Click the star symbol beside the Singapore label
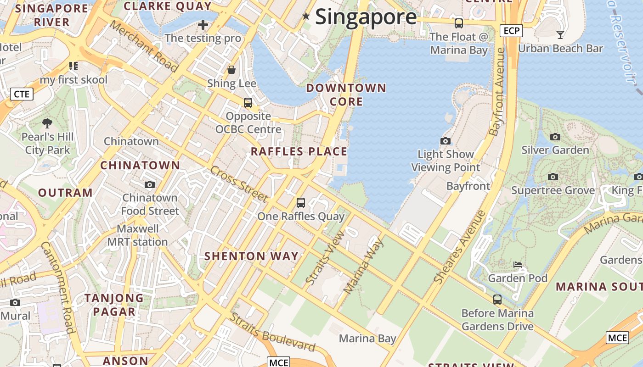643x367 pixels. pyautogui.click(x=306, y=17)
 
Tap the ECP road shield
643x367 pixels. pyautogui.click(x=511, y=31)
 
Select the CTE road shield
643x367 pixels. pyautogui.click(x=22, y=94)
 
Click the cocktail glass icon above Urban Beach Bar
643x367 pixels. pyautogui.click(x=560, y=34)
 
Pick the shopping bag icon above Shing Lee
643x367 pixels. pyautogui.click(x=231, y=70)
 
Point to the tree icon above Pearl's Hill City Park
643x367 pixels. pyautogui.click(x=47, y=123)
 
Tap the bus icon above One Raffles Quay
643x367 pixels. pyautogui.click(x=301, y=202)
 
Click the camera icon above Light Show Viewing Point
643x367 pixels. pyautogui.click(x=445, y=141)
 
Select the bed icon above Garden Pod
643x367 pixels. pyautogui.click(x=518, y=265)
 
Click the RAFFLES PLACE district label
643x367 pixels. pyautogui.click(x=299, y=151)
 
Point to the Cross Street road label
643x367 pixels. pyautogui.click(x=239, y=184)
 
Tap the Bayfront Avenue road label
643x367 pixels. pyautogui.click(x=497, y=92)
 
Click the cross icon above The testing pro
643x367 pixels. pyautogui.click(x=203, y=24)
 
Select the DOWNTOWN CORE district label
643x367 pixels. pyautogui.click(x=346, y=95)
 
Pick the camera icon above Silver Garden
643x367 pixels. pyautogui.click(x=555, y=137)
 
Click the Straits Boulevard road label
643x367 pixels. pyautogui.click(x=273, y=332)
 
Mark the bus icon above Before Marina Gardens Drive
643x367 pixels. pyautogui.click(x=497, y=300)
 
